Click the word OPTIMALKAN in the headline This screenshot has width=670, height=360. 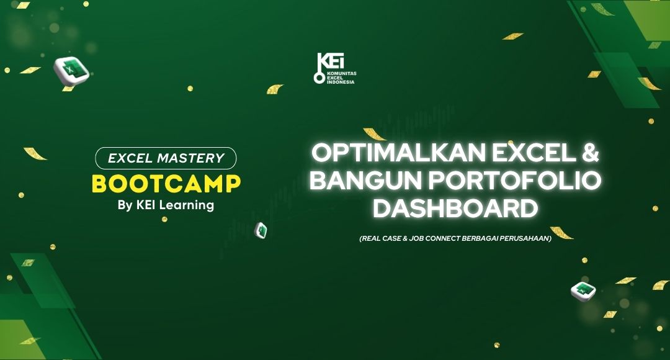(x=399, y=153)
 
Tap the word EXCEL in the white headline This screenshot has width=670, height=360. (x=534, y=153)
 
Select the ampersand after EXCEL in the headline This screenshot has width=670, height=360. (x=590, y=153)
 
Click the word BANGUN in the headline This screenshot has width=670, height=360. (x=366, y=181)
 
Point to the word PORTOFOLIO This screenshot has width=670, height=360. (x=514, y=181)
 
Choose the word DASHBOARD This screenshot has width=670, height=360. (x=455, y=209)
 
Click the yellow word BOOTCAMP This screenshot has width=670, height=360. (x=166, y=184)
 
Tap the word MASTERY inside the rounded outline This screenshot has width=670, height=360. (x=190, y=158)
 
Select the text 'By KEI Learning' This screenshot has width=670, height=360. (x=166, y=205)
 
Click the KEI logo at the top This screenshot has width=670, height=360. (x=335, y=68)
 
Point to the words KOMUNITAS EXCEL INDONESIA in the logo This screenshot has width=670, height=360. (x=341, y=78)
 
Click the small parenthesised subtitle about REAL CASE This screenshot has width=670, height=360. (x=455, y=238)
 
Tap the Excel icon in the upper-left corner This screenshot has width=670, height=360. (x=71, y=71)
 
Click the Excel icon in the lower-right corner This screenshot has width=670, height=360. (x=583, y=291)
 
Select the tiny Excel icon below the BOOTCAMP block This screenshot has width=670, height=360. (x=261, y=230)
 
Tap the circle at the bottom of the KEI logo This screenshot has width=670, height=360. (x=319, y=78)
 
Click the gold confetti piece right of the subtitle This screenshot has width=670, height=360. (x=561, y=233)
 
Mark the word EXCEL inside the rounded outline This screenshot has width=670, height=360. (x=130, y=158)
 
